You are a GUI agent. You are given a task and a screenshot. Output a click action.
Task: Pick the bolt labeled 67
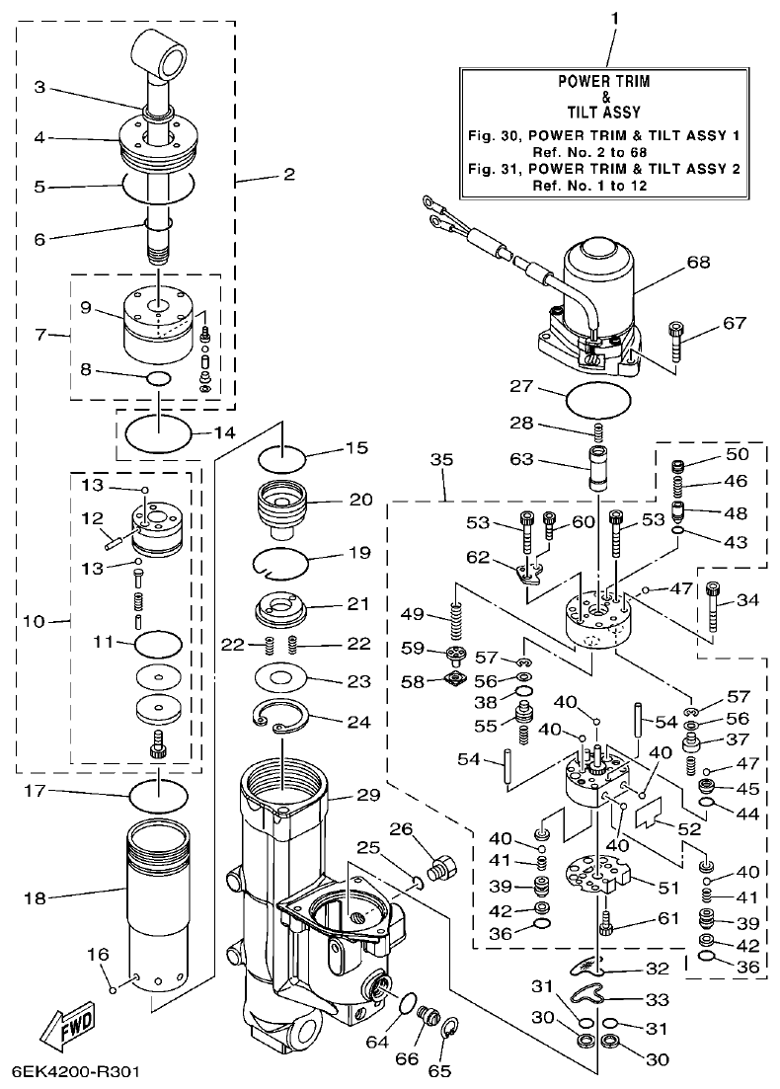tap(678, 341)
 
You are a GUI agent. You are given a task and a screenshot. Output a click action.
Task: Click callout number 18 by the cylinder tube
tap(36, 897)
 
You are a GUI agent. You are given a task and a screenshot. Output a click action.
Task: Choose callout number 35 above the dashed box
tap(441, 460)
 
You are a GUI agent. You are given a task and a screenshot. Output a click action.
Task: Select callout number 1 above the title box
tap(614, 19)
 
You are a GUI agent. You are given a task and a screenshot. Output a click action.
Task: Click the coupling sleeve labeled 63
tap(598, 467)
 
